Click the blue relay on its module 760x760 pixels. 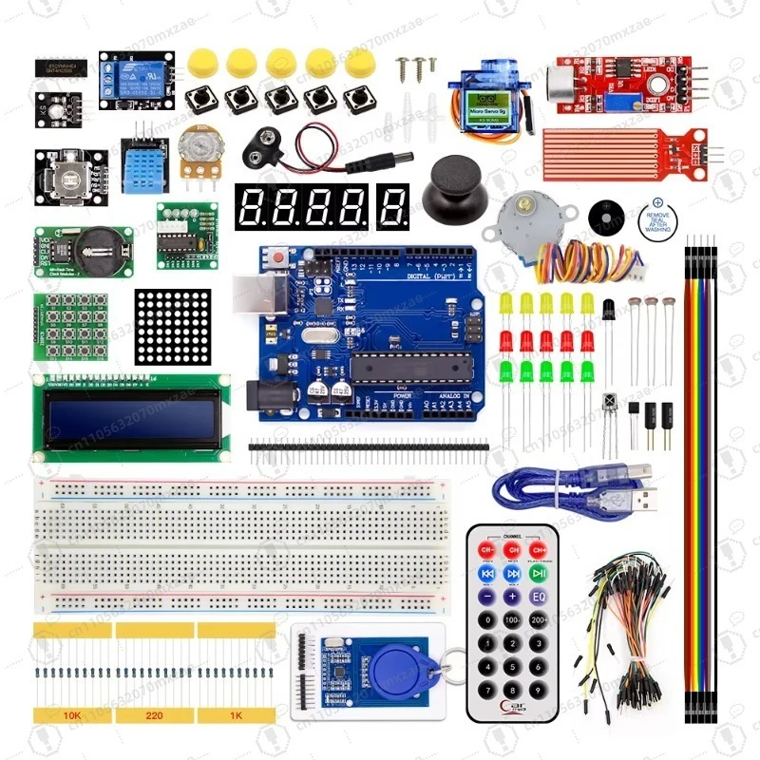[x=139, y=75]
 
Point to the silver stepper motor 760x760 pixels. [x=518, y=223]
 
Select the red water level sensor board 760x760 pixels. [x=627, y=148]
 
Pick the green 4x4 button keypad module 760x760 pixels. [x=69, y=325]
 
